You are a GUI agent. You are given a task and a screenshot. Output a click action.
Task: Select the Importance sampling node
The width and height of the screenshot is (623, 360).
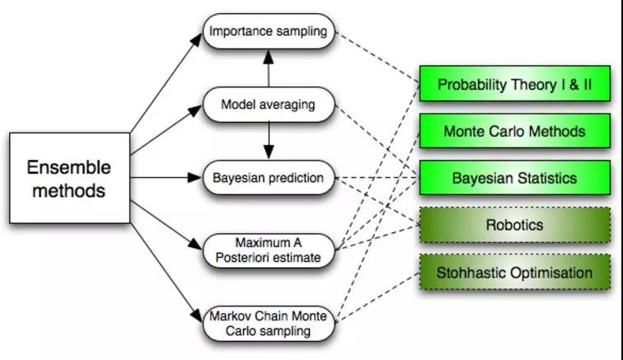tap(268, 32)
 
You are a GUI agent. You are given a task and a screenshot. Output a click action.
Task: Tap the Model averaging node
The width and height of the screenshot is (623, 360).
tap(268, 105)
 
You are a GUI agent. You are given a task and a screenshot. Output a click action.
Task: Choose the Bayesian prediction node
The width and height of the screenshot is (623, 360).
tap(268, 178)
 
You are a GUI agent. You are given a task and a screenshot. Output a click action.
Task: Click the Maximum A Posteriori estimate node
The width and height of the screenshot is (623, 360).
tap(268, 250)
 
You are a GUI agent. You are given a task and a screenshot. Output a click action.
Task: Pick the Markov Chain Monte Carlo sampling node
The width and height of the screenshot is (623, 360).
tap(268, 324)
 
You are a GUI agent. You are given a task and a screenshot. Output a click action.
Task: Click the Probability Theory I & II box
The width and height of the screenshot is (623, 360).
tap(514, 85)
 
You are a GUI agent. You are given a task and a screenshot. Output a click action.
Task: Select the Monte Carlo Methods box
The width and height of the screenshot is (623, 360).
tap(514, 131)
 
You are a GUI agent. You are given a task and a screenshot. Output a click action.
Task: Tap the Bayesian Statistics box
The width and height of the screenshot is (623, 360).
tap(514, 178)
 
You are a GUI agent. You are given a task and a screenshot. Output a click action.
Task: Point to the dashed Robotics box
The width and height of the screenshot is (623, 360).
tap(514, 225)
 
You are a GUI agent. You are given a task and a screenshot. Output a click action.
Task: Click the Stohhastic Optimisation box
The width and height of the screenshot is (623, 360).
tap(514, 273)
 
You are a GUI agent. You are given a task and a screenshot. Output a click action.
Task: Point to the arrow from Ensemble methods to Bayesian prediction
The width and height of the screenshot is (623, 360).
tap(165, 178)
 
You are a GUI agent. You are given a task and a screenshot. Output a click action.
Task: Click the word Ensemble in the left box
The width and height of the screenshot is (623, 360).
tap(68, 167)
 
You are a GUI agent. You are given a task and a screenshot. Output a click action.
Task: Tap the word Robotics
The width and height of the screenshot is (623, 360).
tap(514, 225)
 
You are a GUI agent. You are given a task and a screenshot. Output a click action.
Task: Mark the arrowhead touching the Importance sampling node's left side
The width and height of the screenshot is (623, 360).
tap(199, 38)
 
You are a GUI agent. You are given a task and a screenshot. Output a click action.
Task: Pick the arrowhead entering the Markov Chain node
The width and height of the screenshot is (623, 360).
tap(199, 318)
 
